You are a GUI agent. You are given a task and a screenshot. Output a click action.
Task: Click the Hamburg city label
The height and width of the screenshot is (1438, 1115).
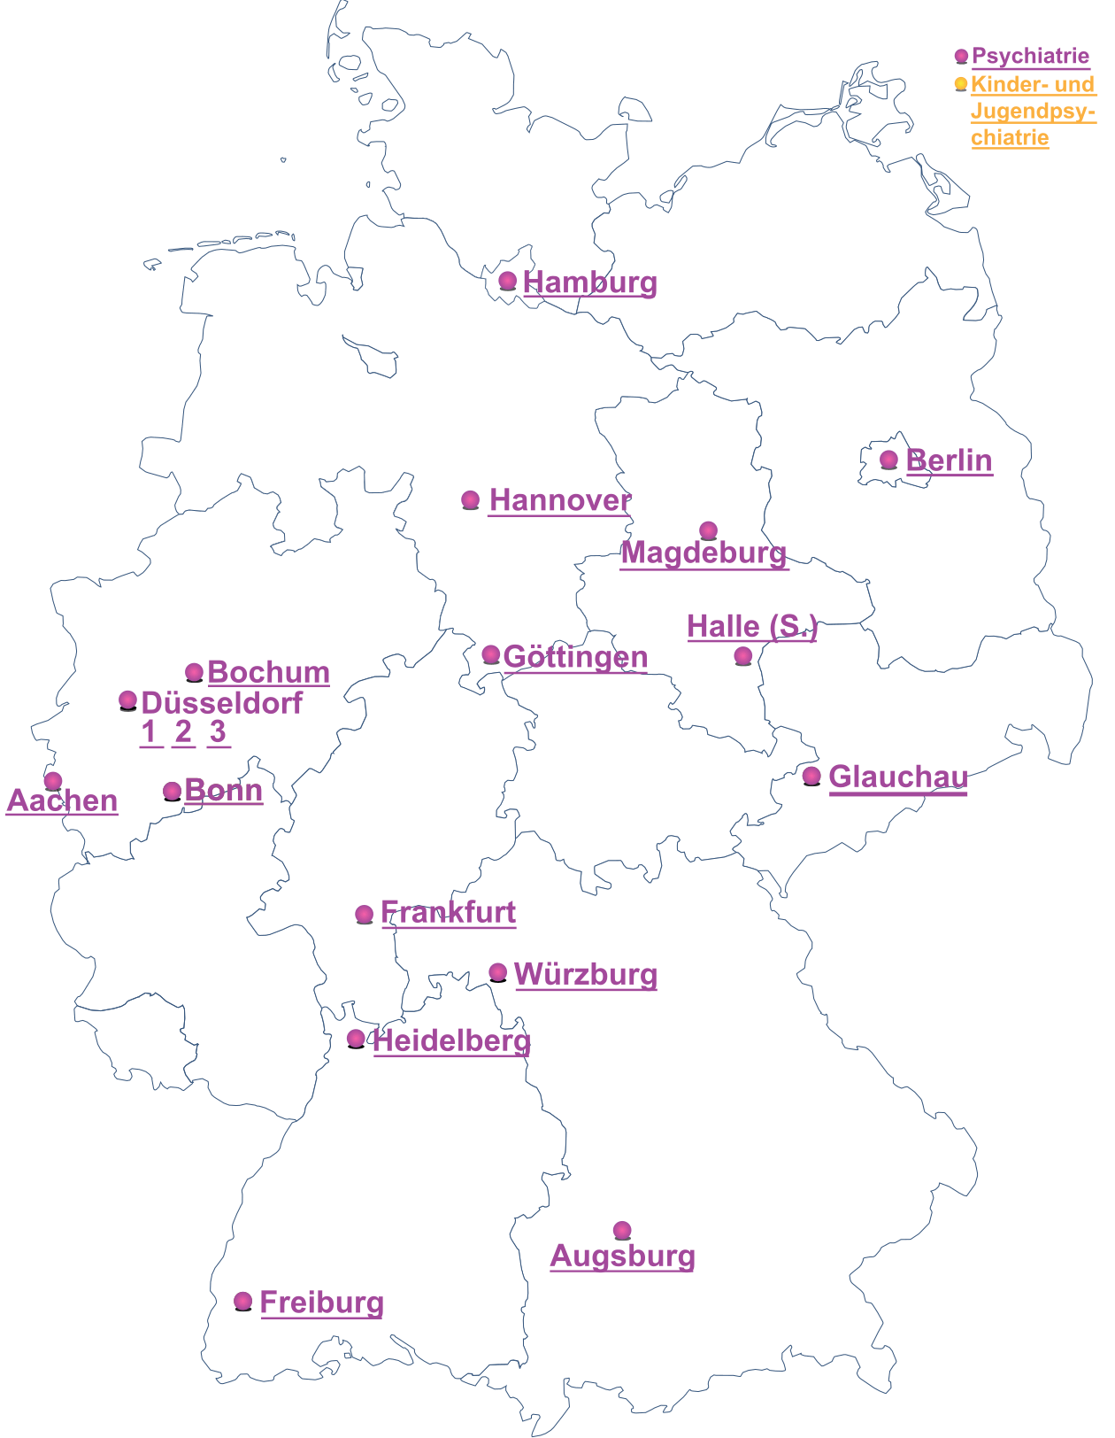(x=589, y=282)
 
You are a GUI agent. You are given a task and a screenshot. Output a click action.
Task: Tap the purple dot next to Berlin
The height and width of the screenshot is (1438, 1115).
(x=888, y=460)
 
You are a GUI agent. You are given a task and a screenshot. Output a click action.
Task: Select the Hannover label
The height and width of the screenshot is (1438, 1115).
(x=559, y=500)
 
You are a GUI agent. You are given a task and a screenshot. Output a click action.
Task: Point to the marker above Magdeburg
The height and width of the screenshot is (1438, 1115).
(x=708, y=530)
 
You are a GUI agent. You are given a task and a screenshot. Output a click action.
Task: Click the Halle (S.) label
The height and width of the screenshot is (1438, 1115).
(x=751, y=626)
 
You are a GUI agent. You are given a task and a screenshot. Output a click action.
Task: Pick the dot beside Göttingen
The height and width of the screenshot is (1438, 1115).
(x=491, y=655)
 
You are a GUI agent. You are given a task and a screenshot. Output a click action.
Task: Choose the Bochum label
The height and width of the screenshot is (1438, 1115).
(x=268, y=672)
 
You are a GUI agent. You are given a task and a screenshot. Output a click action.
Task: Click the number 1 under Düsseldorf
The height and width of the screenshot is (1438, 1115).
(x=150, y=732)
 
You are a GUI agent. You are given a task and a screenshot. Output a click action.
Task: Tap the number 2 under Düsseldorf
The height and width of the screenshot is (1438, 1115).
(x=183, y=732)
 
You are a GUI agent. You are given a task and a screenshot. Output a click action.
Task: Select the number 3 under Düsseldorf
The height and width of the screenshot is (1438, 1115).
(x=218, y=732)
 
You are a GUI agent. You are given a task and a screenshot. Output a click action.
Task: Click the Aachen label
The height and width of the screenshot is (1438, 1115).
(x=62, y=800)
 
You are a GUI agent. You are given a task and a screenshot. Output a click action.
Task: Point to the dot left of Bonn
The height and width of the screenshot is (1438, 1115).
(x=173, y=791)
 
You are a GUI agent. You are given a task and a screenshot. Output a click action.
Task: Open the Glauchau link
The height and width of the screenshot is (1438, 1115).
(x=897, y=777)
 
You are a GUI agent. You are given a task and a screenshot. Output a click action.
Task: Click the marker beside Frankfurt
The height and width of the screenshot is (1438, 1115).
(x=364, y=914)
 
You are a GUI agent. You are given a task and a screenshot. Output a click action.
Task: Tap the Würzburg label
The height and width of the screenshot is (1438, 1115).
(x=585, y=974)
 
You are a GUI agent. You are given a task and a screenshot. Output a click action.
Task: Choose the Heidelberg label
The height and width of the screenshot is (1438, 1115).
(x=451, y=1040)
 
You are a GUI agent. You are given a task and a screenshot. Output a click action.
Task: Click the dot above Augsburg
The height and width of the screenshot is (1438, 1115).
(x=622, y=1230)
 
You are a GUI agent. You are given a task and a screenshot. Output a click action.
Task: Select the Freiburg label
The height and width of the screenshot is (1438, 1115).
(x=321, y=1303)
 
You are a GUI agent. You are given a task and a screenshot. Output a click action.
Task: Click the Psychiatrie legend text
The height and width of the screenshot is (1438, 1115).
(x=1030, y=56)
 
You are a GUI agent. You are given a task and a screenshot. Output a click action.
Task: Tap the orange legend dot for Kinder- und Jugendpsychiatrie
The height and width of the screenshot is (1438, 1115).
(x=961, y=84)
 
